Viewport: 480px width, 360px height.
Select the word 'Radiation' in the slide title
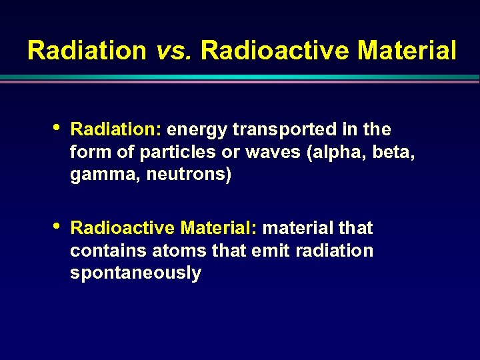tap(87, 50)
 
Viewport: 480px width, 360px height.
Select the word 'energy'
tap(197, 129)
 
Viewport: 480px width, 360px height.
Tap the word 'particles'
tap(178, 152)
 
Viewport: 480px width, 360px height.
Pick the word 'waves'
tap(273, 152)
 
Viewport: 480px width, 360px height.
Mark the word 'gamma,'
tap(100, 175)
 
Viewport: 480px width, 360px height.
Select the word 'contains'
tap(108, 251)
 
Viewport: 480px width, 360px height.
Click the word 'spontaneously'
tap(135, 273)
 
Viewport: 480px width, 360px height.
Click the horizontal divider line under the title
tap(240, 78)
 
